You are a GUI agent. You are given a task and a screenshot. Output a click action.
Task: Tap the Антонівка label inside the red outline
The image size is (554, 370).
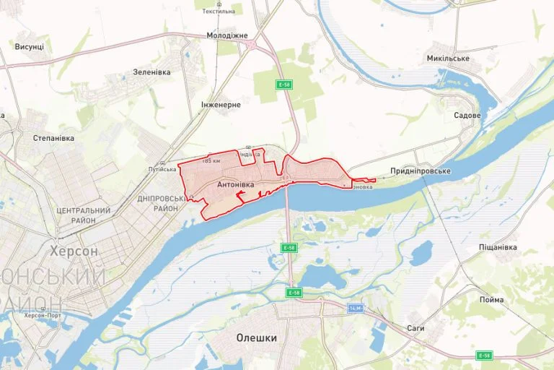tap(235, 186)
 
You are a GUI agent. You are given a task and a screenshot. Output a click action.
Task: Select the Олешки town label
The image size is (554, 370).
tap(257, 337)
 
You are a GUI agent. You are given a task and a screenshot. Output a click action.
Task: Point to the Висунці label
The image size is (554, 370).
tap(29, 46)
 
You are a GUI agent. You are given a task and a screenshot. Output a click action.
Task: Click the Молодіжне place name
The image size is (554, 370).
tap(227, 35)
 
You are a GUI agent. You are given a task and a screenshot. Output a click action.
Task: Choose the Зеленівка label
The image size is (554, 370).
tap(151, 72)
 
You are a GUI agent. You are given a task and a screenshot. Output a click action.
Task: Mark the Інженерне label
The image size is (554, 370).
tap(220, 104)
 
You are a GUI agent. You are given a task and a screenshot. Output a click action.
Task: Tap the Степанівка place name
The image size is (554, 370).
tap(54, 137)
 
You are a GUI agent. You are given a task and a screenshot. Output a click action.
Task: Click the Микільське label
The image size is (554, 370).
tap(448, 58)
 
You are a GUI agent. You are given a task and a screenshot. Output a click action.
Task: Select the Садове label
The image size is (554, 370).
tap(467, 115)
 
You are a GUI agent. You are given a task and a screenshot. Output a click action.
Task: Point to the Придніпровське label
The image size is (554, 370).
tap(421, 171)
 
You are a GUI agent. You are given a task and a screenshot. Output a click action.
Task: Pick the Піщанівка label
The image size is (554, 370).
tap(498, 247)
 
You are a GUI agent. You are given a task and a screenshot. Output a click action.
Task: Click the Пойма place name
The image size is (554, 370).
tap(491, 299)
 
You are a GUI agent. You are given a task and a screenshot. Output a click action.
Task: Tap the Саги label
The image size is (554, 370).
tap(415, 328)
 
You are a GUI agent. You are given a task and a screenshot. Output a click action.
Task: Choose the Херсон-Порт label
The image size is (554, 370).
tap(42, 315)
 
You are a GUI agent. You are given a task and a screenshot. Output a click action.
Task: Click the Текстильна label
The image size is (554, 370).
tap(219, 12)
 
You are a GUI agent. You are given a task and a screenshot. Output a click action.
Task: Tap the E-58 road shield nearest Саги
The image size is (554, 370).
tap(484, 356)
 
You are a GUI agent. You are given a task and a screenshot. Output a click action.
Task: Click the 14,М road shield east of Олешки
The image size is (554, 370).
tap(355, 309)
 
